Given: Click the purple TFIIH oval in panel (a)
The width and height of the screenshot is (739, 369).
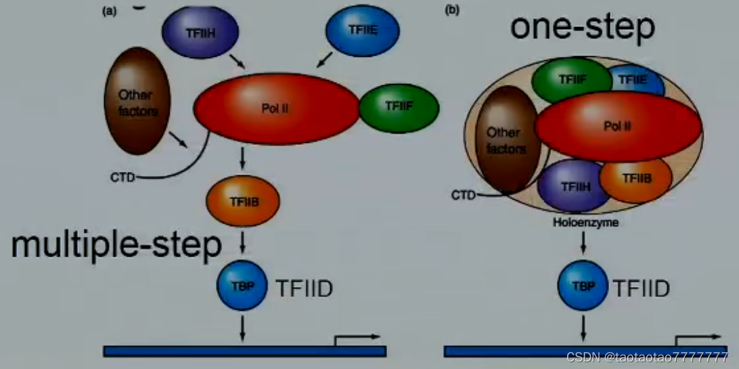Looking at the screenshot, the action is [x=200, y=31].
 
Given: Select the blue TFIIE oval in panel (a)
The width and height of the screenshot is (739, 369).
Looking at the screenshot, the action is [x=362, y=30].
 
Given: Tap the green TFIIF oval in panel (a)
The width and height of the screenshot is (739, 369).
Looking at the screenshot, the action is [x=399, y=107].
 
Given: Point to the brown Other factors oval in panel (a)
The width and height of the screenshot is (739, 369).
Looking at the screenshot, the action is [x=137, y=104].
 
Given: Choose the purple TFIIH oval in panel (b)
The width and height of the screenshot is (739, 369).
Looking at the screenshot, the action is [x=572, y=185].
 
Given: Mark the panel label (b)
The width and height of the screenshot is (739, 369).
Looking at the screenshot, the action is [x=451, y=10].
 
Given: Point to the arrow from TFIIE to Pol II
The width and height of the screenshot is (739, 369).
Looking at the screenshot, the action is [x=323, y=61].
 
